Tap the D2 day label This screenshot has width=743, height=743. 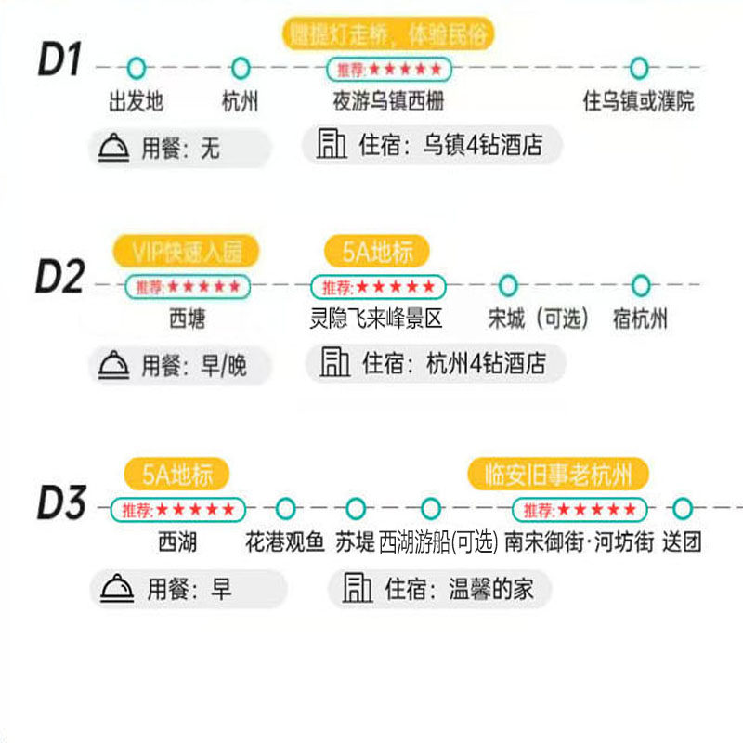pyautogui.click(x=60, y=278)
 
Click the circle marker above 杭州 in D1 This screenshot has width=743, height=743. pyautogui.click(x=241, y=68)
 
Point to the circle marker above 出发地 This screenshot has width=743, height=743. pyautogui.click(x=137, y=68)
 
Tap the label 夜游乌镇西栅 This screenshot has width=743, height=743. pyautogui.click(x=389, y=100)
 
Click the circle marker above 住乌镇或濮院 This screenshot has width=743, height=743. pyautogui.click(x=638, y=68)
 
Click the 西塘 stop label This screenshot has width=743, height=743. pyautogui.click(x=187, y=319)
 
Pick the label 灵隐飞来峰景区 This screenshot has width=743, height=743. pyautogui.click(x=376, y=319)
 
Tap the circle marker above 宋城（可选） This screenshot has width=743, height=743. pyautogui.click(x=507, y=285)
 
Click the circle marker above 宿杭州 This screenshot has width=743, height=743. pyautogui.click(x=640, y=285)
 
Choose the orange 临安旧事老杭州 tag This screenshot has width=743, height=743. pyautogui.click(x=558, y=475)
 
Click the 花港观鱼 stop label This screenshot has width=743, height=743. pyautogui.click(x=285, y=541)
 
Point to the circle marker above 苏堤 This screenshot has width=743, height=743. pyautogui.click(x=355, y=508)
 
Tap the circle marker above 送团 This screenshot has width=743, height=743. pyautogui.click(x=683, y=508)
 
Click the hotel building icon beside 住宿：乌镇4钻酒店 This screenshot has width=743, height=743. pyautogui.click(x=329, y=145)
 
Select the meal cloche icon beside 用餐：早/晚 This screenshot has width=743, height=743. pyautogui.click(x=115, y=365)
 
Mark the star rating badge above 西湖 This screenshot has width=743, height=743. pyautogui.click(x=178, y=509)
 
